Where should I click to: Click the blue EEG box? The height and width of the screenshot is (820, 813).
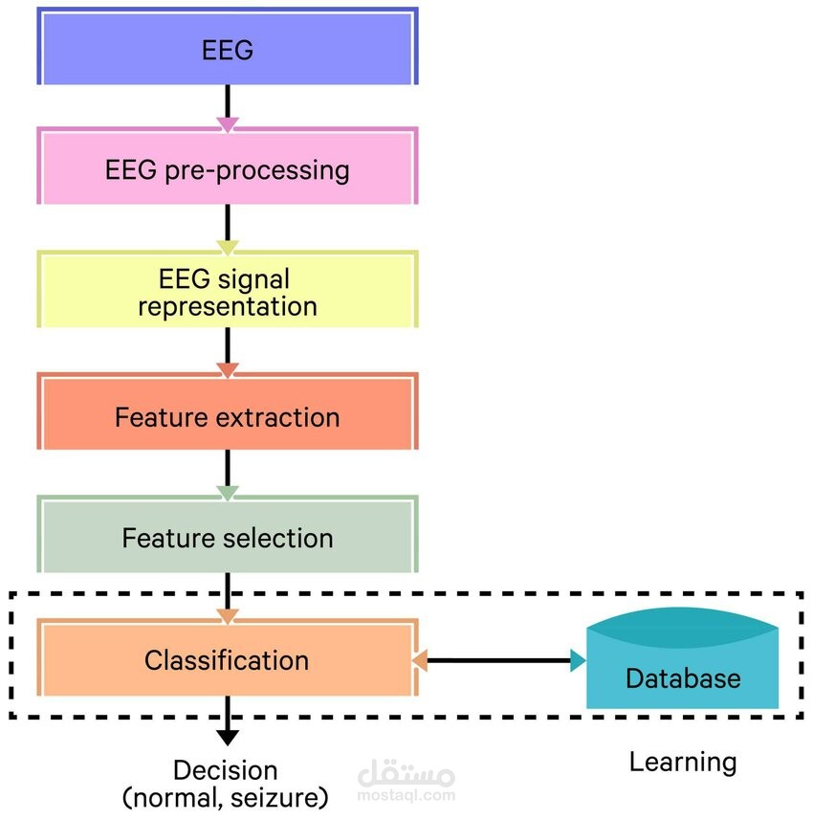click(x=228, y=48)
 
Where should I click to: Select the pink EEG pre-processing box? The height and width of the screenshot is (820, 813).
click(x=228, y=169)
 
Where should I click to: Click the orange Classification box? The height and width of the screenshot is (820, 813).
click(x=228, y=659)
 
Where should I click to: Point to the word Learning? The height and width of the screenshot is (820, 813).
click(x=683, y=762)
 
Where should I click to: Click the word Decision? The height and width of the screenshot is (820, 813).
click(x=226, y=770)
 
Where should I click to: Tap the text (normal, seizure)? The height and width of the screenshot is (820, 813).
click(x=226, y=796)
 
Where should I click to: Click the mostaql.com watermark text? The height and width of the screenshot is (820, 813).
click(x=406, y=794)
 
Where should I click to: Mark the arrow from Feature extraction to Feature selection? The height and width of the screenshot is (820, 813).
click(x=228, y=473)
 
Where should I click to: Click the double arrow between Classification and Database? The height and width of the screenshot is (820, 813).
click(x=497, y=659)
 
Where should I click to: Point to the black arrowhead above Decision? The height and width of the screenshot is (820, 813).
click(x=228, y=736)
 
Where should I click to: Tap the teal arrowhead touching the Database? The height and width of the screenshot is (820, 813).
click(x=577, y=659)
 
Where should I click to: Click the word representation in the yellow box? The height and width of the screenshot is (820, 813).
click(x=228, y=306)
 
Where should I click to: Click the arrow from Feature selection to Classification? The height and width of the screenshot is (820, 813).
click(x=228, y=593)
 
